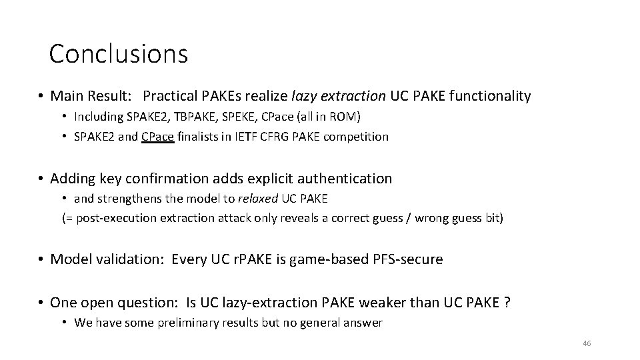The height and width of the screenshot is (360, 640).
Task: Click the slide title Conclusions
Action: [x=119, y=53]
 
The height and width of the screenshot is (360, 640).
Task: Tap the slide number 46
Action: [x=587, y=343]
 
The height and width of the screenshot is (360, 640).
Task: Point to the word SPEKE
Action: [x=241, y=117]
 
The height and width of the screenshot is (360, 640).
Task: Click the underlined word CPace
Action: [x=157, y=137]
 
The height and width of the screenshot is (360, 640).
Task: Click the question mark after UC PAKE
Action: [x=507, y=302]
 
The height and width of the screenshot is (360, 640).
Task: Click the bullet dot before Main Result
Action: [x=41, y=97]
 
